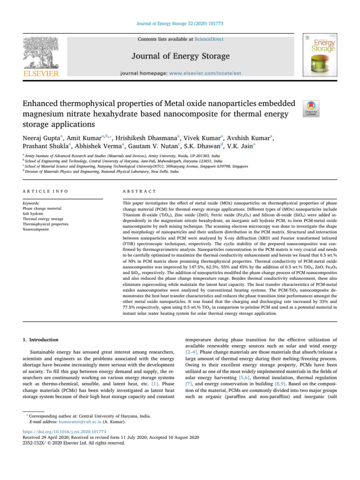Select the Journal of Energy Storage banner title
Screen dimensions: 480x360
click(180, 57)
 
